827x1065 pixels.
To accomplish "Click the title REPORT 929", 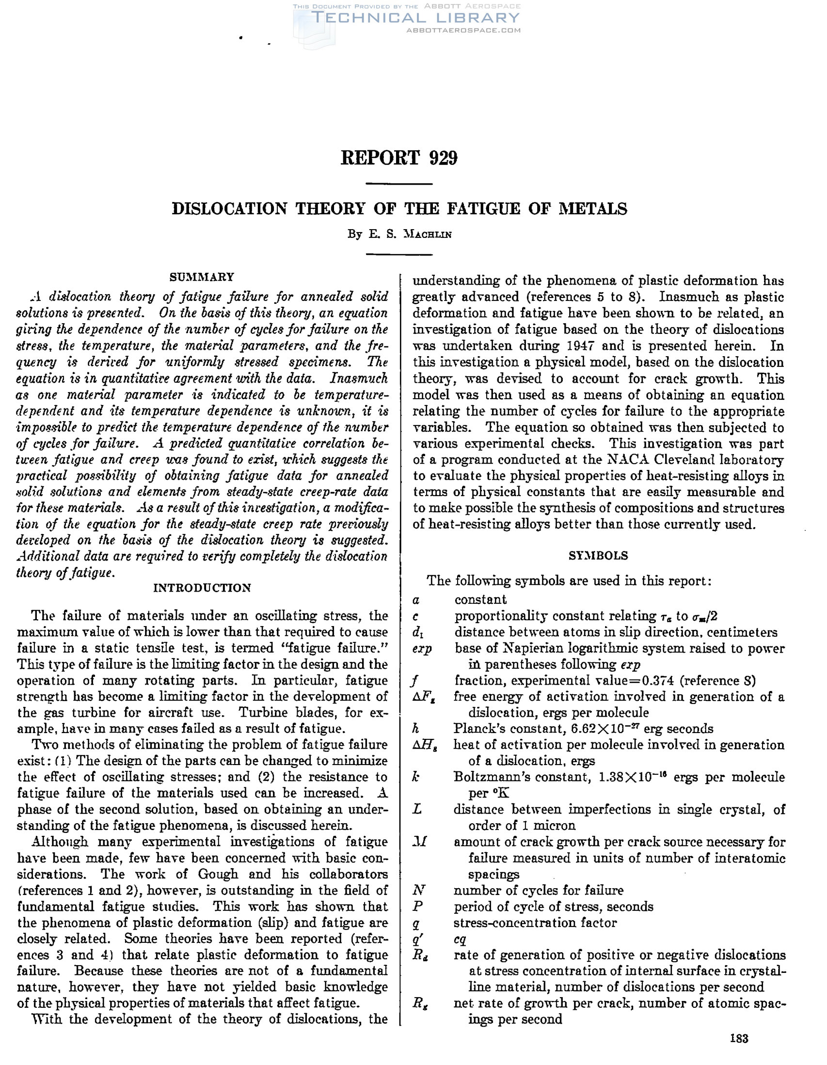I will point(399,158).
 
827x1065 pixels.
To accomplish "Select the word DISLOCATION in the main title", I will point(229,209).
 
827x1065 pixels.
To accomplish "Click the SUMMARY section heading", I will point(202,277).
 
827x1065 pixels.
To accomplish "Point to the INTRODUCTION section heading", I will point(202,588).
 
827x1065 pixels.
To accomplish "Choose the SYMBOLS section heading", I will point(598,555).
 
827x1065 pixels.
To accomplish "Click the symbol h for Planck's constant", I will point(416,729).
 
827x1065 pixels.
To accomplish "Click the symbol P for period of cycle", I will point(417,906).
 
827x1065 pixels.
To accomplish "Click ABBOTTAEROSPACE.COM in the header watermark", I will point(463,30).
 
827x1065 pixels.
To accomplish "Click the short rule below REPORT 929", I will point(399,184).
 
